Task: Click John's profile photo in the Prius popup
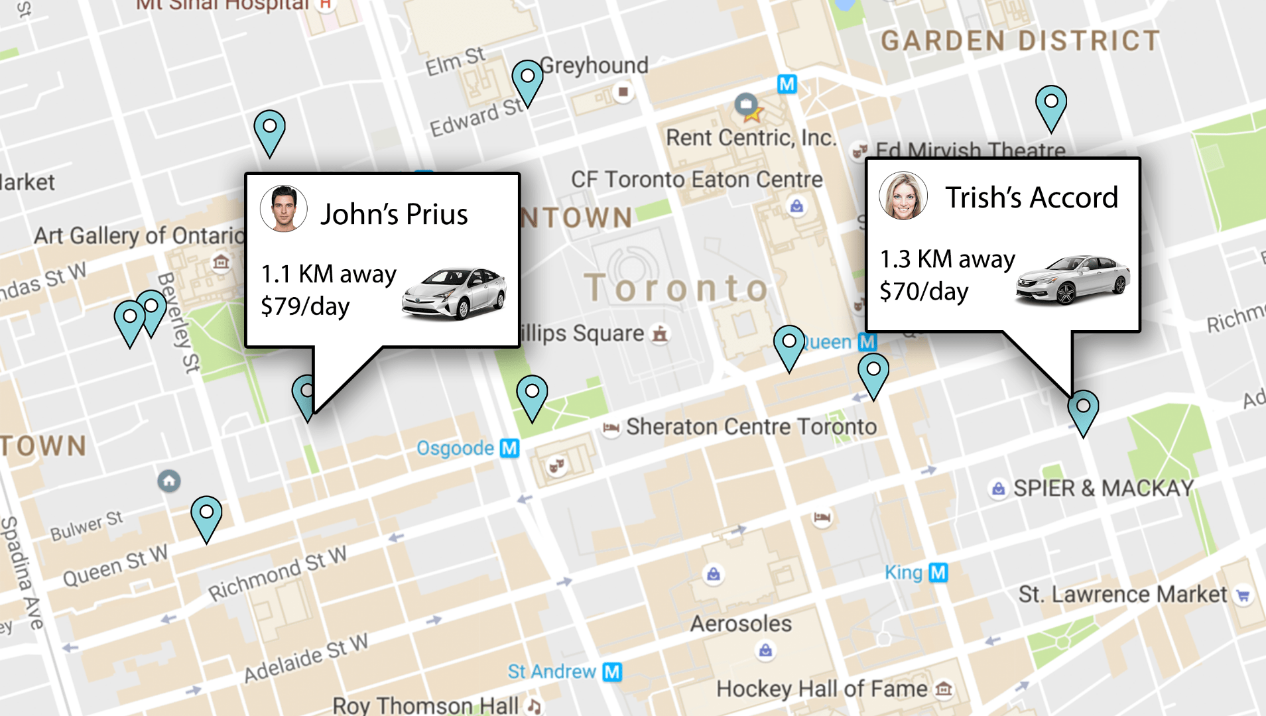(283, 208)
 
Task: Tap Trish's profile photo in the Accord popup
(903, 196)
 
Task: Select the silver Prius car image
(454, 292)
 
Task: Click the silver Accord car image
(1072, 279)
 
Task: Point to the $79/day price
(305, 306)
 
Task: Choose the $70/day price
(924, 292)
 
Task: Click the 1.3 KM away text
(947, 259)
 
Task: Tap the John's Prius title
(394, 214)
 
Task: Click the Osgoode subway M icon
(509, 448)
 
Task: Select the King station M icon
(938, 572)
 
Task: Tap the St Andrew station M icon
(612, 672)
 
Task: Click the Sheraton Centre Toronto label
(751, 427)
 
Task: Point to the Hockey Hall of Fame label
(822, 689)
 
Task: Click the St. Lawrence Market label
(1122, 594)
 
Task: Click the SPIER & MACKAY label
(1103, 489)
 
